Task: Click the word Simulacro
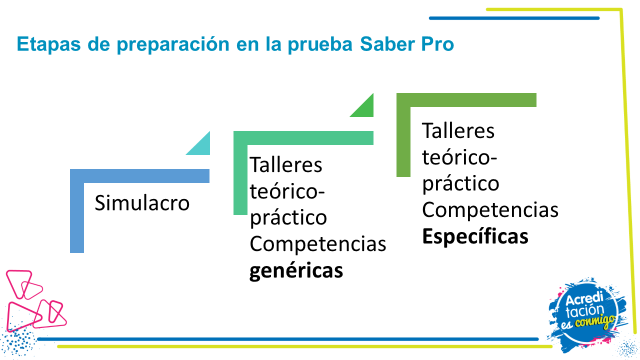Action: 142,203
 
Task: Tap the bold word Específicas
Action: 475,236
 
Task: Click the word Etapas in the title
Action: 48,44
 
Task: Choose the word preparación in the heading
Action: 173,44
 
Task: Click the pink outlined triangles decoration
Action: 35,300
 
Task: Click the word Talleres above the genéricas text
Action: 285,165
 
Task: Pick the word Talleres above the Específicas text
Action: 458,131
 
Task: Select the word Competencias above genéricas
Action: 317,244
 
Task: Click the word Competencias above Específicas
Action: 490,209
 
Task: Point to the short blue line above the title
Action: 514,18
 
